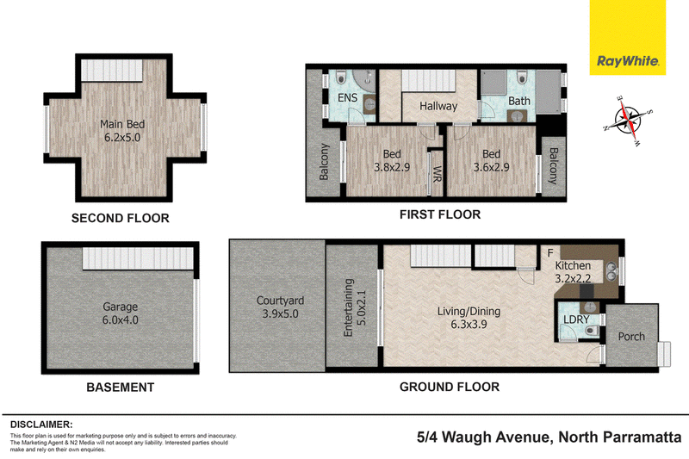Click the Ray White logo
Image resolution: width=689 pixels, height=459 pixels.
[x=628, y=37]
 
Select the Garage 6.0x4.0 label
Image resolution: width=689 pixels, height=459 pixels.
[x=120, y=313]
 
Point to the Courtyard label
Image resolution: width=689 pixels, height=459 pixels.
[x=281, y=301]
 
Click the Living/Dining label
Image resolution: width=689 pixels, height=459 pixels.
[x=469, y=312]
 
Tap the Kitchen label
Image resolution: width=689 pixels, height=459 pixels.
[x=573, y=266]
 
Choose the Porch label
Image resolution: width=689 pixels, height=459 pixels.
[x=631, y=337]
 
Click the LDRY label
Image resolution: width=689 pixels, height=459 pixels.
[x=576, y=319]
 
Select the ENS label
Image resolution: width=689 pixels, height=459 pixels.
[x=347, y=97]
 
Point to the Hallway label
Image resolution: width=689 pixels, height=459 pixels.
[x=438, y=106]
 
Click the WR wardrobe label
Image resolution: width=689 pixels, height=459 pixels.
[x=437, y=174]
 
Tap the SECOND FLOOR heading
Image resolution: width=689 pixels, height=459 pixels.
[x=121, y=218]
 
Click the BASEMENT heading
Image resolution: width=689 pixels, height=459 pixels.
[x=121, y=388]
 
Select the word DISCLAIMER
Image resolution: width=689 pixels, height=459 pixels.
[x=41, y=425]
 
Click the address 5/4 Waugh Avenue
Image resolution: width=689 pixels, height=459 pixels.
[x=482, y=437]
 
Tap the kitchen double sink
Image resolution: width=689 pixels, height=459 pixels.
[x=611, y=270]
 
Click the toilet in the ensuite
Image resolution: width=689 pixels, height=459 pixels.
[x=341, y=78]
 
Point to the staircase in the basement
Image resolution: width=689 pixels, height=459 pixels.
[x=138, y=258]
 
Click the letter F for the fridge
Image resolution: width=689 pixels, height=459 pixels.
[x=550, y=253]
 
